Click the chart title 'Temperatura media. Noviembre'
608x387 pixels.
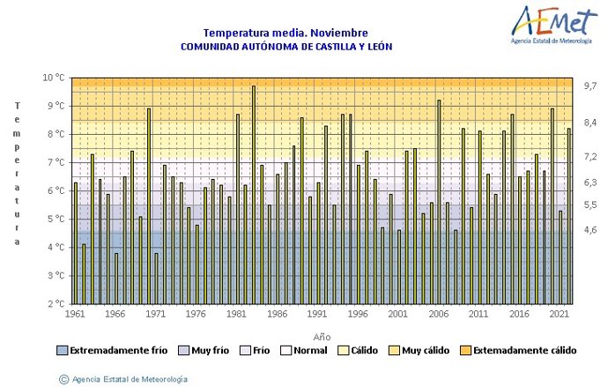[285, 33]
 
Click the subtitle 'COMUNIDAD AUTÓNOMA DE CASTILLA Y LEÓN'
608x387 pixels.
[286, 47]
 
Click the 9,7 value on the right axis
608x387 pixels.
[589, 86]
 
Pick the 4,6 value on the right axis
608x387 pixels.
[589, 230]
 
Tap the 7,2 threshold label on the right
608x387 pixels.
[589, 156]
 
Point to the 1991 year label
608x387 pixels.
[316, 314]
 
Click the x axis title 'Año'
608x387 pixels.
[322, 337]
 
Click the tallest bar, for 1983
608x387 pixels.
[253, 194]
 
